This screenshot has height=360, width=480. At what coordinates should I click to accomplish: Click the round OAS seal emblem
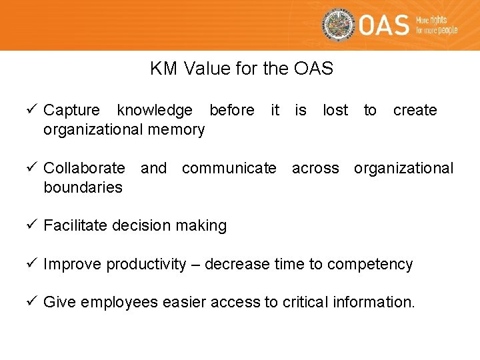tap(338, 25)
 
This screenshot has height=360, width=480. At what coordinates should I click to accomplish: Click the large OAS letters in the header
tap(384, 25)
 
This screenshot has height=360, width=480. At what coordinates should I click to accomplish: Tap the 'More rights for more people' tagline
tap(436, 25)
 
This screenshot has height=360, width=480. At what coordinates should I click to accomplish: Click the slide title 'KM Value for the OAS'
tap(241, 69)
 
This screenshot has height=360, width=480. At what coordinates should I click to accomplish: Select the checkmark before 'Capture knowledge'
tap(33, 110)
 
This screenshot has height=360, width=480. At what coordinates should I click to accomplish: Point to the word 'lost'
tap(335, 110)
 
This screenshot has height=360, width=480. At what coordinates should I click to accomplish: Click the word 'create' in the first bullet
tap(415, 110)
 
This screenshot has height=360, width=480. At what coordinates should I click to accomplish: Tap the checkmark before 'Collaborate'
tap(33, 168)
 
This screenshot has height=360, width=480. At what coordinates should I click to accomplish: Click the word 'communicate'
tap(229, 168)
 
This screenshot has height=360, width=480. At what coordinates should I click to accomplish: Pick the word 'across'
tap(315, 168)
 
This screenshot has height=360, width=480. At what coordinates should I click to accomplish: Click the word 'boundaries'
tap(83, 187)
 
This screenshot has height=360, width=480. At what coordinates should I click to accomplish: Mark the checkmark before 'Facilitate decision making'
tap(33, 225)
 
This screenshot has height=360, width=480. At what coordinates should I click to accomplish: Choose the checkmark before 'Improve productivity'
tap(33, 264)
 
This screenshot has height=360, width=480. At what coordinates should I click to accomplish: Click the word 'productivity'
tap(146, 265)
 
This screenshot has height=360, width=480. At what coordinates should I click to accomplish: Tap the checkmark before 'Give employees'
tap(33, 302)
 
